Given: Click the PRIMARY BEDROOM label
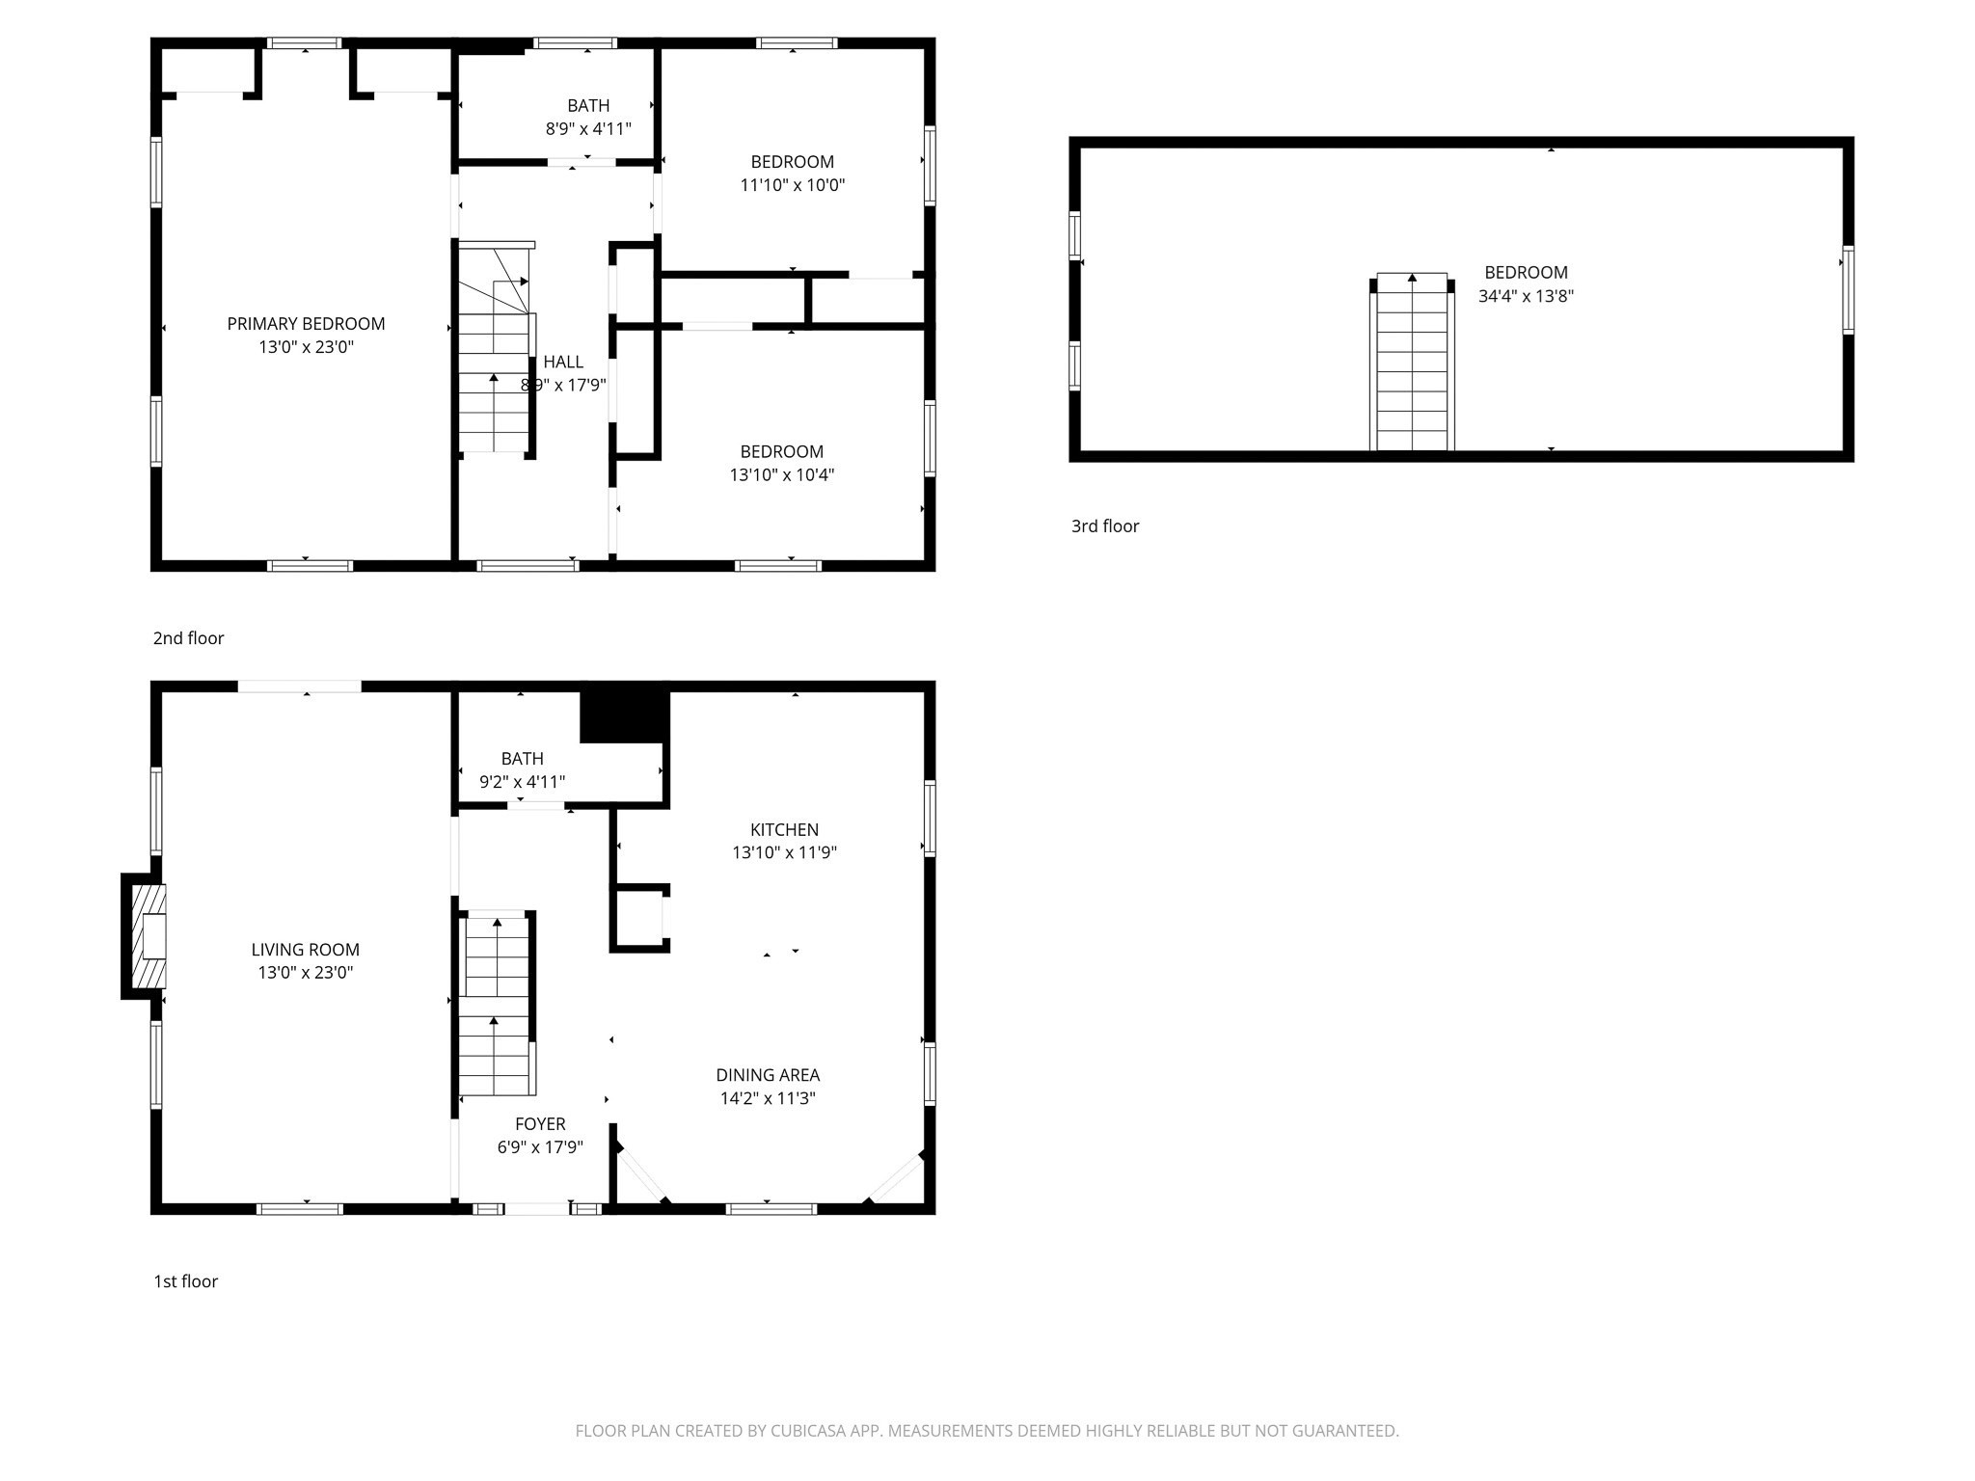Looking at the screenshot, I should [x=306, y=324].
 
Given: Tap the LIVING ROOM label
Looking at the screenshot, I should [x=305, y=950].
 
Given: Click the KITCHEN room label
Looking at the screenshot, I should [x=784, y=829].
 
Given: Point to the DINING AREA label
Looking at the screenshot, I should [x=768, y=1075].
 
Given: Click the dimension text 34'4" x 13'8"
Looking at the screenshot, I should [x=1526, y=296].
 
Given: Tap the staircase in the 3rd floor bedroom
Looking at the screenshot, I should [x=1412, y=364].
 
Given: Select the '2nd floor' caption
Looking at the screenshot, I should [x=188, y=638].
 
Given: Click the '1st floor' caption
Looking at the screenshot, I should [x=185, y=1281].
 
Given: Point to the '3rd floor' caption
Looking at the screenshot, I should [x=1104, y=526].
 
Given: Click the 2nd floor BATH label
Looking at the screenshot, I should [x=588, y=105].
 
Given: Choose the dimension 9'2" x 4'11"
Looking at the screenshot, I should [x=522, y=782].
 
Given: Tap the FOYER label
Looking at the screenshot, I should [x=540, y=1124].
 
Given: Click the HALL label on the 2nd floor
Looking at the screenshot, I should [x=563, y=362].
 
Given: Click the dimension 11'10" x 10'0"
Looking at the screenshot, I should [x=792, y=185].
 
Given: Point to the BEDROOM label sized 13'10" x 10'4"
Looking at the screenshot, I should [x=781, y=451].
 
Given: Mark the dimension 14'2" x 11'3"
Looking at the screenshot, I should [x=768, y=1098].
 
